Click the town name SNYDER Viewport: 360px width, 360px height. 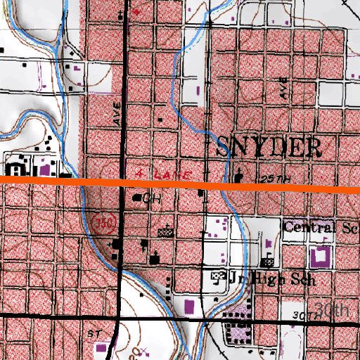(269, 147)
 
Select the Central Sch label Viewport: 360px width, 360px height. (321, 227)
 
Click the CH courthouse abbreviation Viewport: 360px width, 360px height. (152, 200)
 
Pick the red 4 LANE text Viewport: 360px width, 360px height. (156, 172)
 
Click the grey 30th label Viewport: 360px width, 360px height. (332, 310)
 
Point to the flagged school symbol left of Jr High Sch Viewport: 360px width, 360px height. (219, 276)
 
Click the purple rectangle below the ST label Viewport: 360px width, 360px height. (100, 347)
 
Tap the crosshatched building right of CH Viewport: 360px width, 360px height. (167, 229)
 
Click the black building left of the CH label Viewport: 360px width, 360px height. (138, 198)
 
